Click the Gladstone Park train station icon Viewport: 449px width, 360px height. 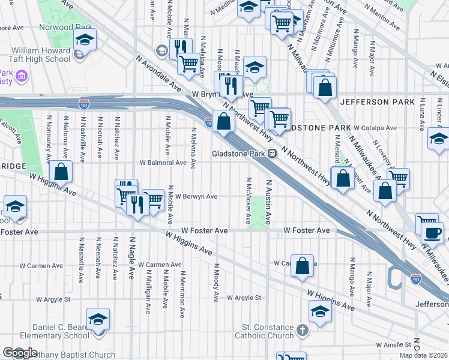(272, 153)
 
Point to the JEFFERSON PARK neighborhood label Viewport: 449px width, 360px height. (377, 102)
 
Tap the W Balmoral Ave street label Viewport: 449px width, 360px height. (163, 163)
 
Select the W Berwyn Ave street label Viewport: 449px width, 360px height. (196, 196)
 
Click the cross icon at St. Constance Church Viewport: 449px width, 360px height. (303, 329)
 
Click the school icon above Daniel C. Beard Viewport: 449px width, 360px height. (98, 319)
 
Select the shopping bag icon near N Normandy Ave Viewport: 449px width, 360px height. (61, 171)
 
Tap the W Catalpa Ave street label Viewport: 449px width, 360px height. (375, 128)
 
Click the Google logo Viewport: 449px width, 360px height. (20, 353)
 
